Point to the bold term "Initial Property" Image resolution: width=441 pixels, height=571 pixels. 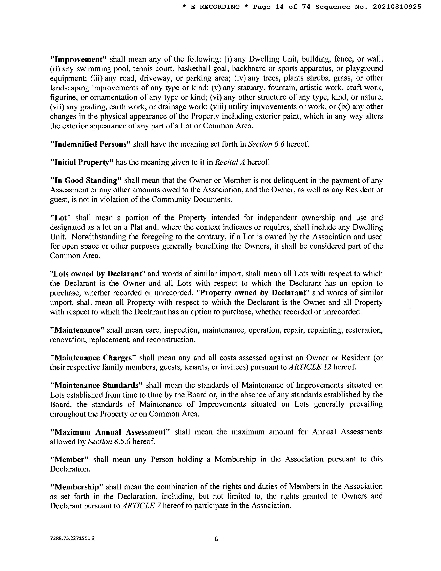[x=82, y=162]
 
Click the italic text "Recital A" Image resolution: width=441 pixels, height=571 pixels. [x=230, y=162]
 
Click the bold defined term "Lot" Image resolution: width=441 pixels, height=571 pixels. [x=60, y=218]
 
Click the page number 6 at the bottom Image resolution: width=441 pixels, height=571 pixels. [x=216, y=539]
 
